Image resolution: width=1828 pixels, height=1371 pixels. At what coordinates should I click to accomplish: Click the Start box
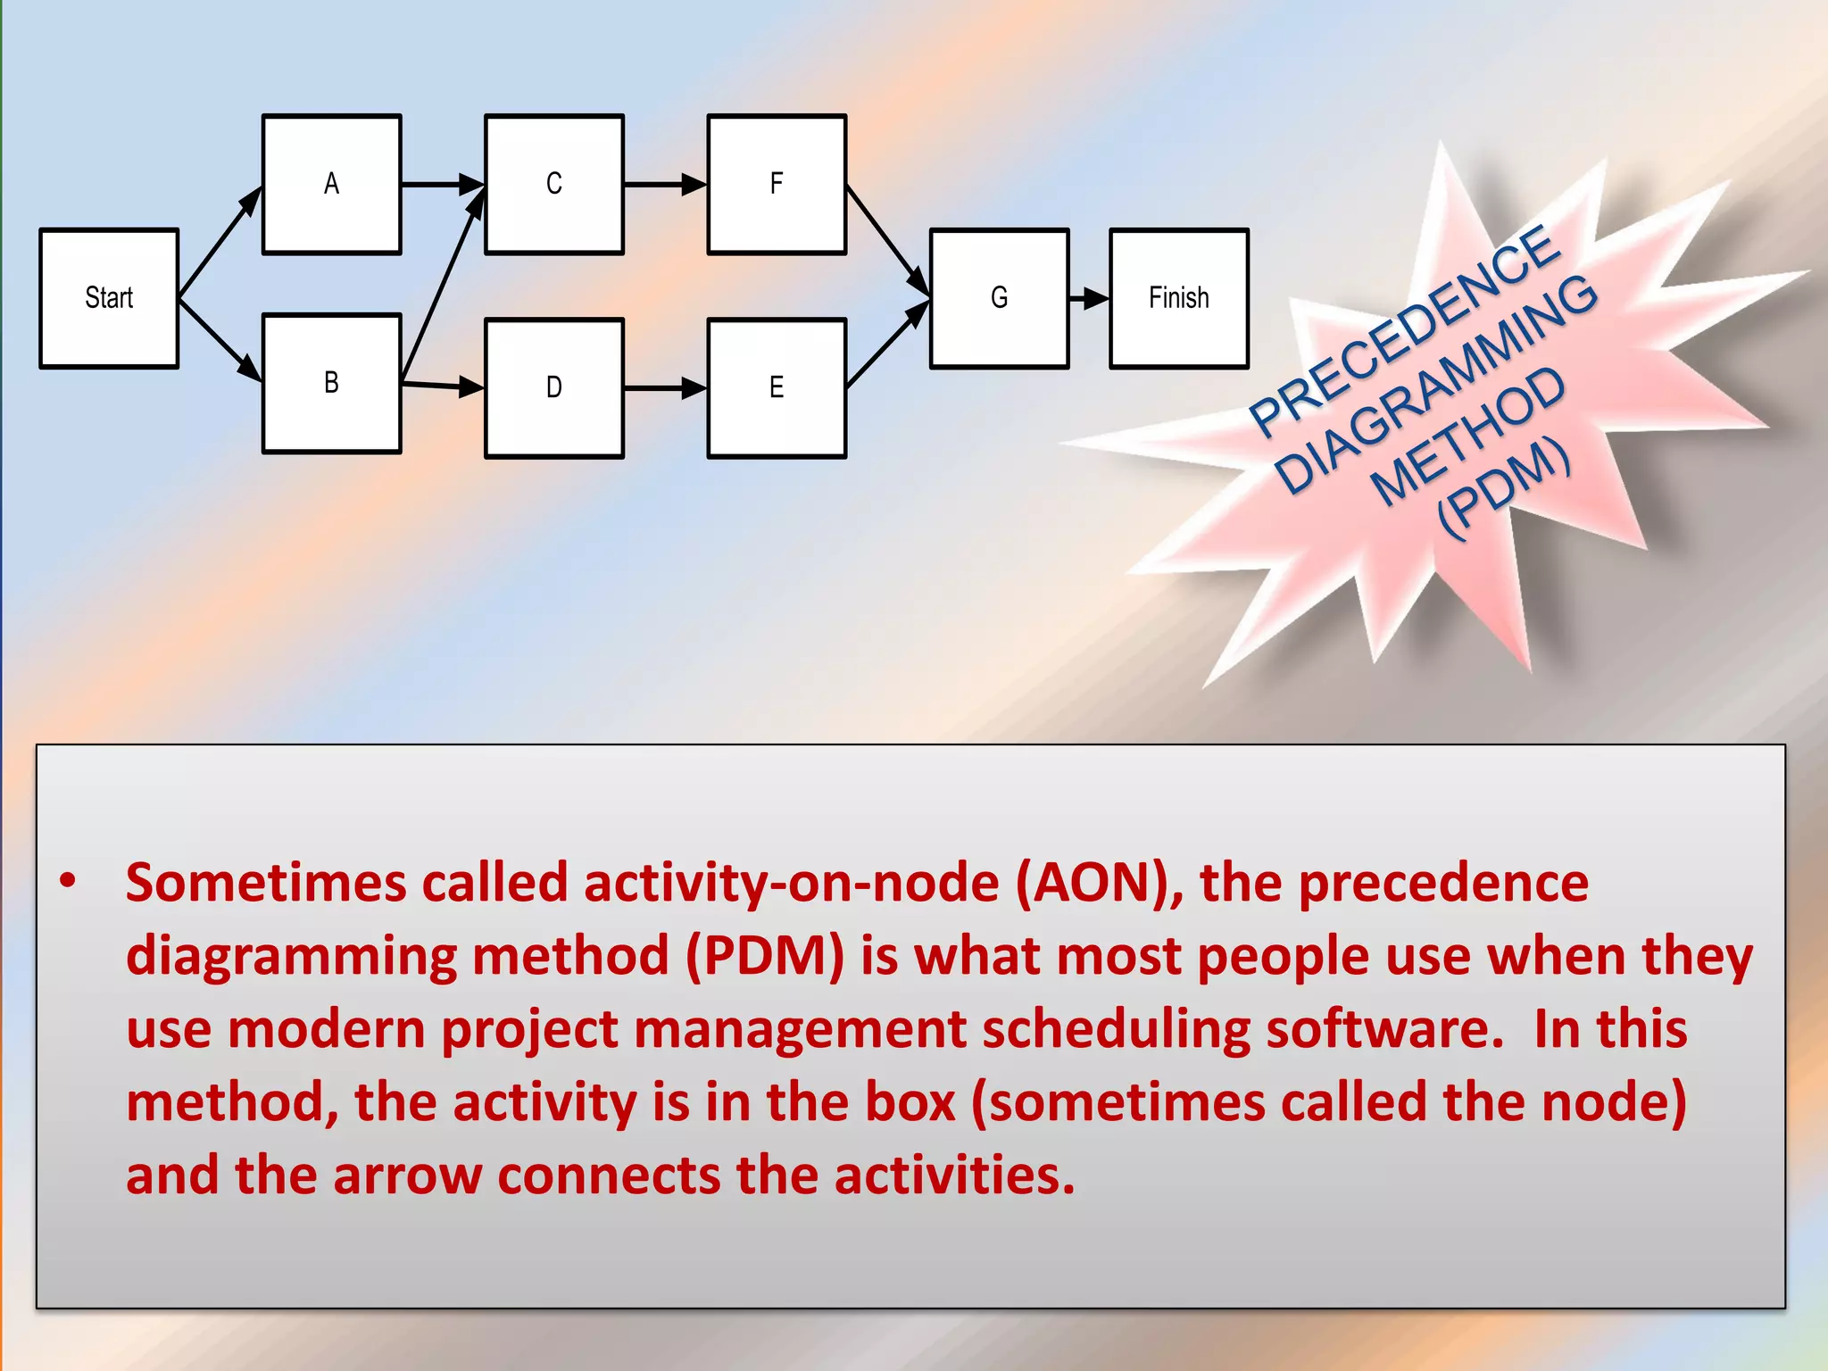[109, 298]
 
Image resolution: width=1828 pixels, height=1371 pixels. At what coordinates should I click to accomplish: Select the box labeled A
[331, 185]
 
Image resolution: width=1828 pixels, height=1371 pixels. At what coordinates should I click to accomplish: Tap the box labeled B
[331, 384]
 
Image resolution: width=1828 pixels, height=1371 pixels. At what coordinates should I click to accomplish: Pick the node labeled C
[553, 185]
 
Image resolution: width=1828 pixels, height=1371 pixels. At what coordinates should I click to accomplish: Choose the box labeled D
[553, 388]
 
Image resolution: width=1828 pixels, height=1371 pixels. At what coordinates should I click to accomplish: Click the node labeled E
[777, 388]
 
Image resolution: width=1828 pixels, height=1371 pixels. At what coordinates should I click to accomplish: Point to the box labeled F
[777, 185]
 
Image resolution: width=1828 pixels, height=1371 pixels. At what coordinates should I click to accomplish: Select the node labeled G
[999, 298]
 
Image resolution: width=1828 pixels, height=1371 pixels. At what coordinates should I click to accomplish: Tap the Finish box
[1178, 298]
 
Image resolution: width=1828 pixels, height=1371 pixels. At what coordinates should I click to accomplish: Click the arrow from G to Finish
[1088, 298]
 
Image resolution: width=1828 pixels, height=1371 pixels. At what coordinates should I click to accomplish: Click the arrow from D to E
[664, 388]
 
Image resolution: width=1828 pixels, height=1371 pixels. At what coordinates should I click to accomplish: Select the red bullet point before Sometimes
[68, 881]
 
